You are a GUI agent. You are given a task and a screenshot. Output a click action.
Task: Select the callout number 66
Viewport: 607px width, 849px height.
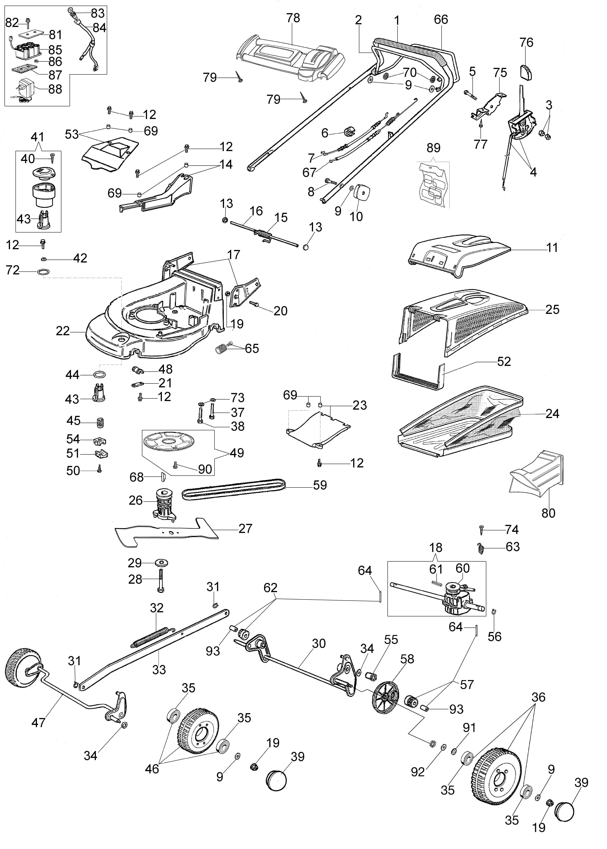441,19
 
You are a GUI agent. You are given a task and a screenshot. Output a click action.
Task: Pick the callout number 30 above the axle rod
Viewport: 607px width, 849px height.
319,644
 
